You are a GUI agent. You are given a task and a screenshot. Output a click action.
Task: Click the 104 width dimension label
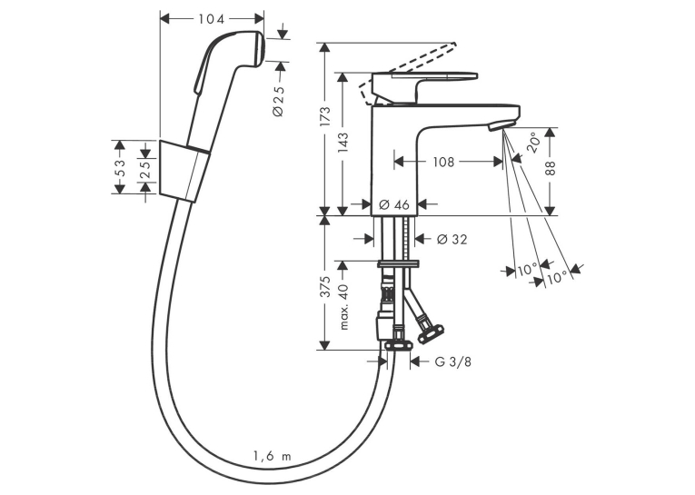pos(212,19)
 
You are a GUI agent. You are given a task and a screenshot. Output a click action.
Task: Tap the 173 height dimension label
pos(325,116)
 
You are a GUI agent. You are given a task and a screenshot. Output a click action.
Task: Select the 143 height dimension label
pos(343,143)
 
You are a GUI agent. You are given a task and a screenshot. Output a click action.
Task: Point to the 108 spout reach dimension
pos(443,163)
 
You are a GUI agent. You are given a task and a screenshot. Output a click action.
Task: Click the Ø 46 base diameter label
pos(394,204)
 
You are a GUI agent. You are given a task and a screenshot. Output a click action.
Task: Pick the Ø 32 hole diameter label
pos(452,239)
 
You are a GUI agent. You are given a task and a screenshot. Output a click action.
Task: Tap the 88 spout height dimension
pos(550,167)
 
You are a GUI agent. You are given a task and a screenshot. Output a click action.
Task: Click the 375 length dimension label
pos(325,287)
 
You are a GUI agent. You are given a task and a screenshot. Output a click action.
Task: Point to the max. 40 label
pos(344,307)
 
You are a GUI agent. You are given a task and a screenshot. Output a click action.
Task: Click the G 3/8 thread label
pos(453,362)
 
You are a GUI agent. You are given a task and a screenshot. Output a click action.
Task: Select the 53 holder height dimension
pos(120,167)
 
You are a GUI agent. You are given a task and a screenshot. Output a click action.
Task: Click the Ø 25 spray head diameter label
pos(279,101)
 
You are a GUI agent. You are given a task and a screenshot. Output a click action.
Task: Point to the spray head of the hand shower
pos(242,49)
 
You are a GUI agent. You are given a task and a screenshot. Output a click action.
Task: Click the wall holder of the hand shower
pos(183,172)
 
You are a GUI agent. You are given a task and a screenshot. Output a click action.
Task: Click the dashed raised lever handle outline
pos(407,74)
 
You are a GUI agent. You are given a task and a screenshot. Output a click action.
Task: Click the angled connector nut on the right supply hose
pos(431,332)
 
